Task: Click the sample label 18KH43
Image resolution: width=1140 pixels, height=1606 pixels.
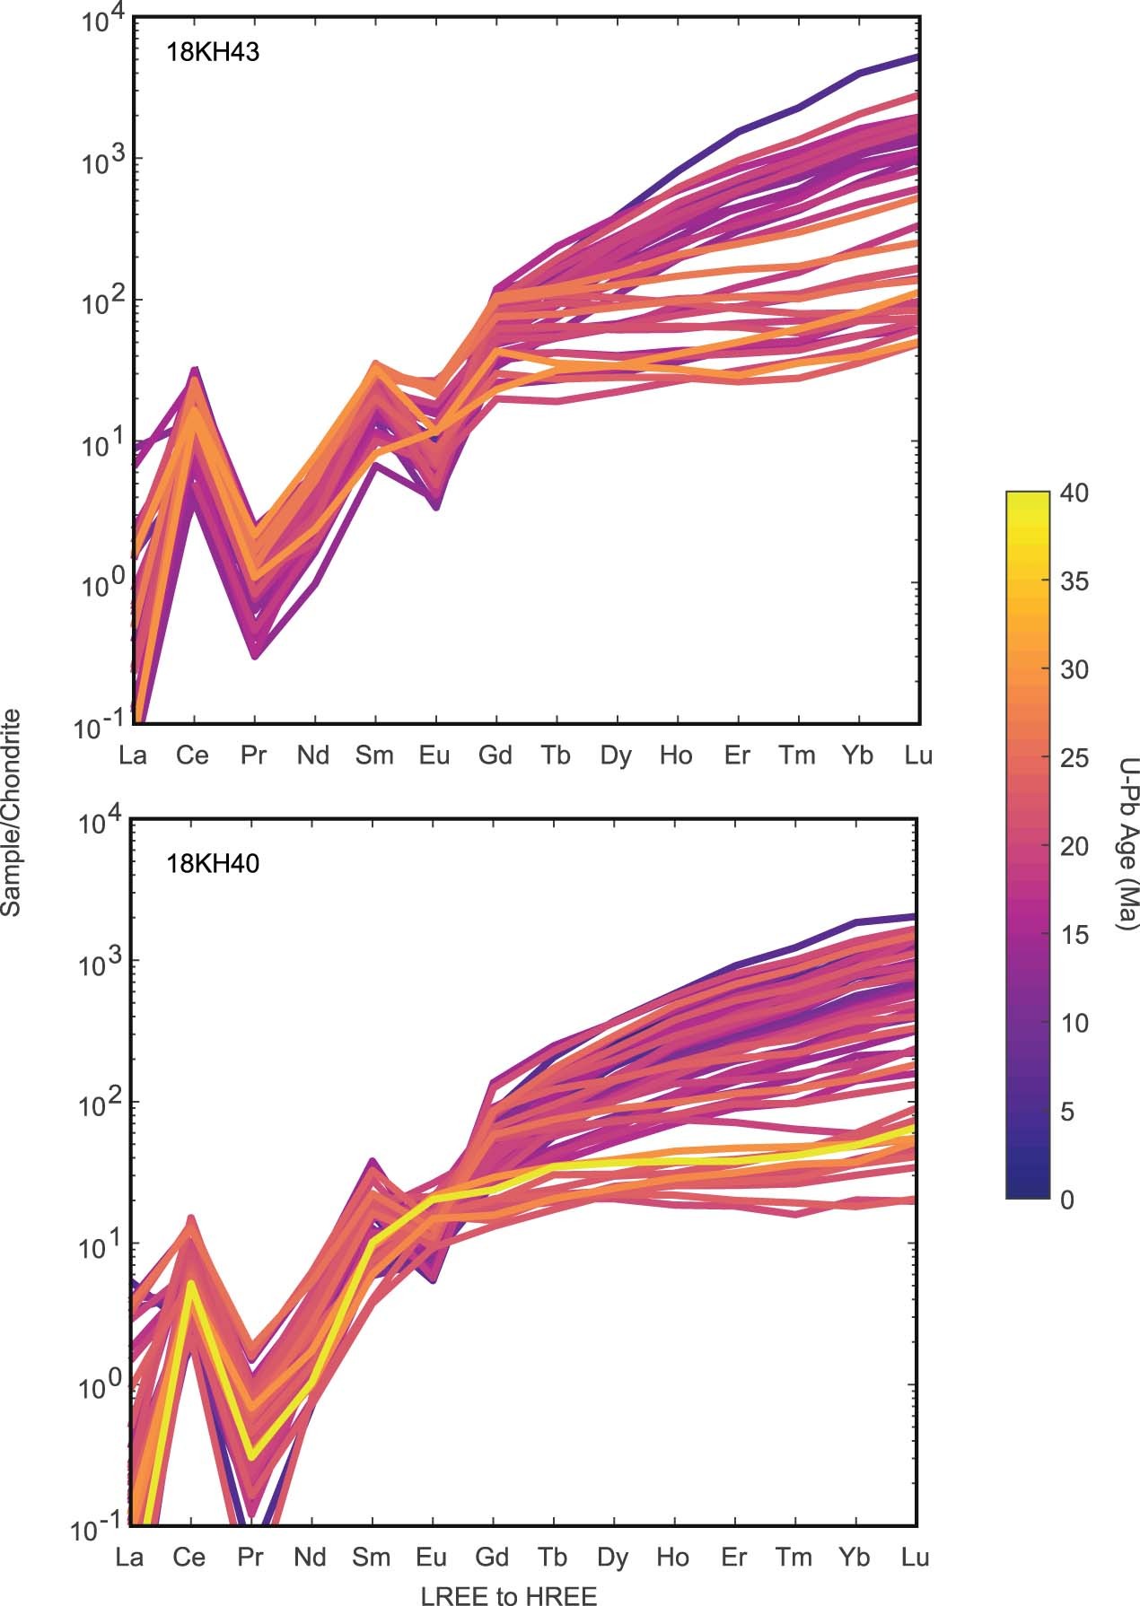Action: [213, 52]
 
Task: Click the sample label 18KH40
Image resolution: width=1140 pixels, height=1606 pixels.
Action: [213, 864]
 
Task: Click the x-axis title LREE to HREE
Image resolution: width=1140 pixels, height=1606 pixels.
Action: [508, 1594]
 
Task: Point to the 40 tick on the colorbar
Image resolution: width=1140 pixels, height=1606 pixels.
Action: [1066, 493]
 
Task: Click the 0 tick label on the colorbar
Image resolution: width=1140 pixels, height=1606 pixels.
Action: [1066, 1200]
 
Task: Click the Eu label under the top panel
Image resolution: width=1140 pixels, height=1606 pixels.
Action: [434, 755]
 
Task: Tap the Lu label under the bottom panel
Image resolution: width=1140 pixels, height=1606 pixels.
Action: [915, 1557]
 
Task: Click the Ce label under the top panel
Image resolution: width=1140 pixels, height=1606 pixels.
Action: [191, 755]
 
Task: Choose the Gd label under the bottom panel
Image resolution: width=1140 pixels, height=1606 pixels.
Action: [493, 1557]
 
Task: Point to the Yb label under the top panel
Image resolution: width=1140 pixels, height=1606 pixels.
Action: [857, 755]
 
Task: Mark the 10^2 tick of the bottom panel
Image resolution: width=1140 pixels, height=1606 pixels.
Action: [101, 1104]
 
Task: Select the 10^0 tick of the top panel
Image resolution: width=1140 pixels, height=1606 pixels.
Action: [101, 585]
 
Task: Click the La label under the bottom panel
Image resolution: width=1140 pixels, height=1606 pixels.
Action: [131, 1557]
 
